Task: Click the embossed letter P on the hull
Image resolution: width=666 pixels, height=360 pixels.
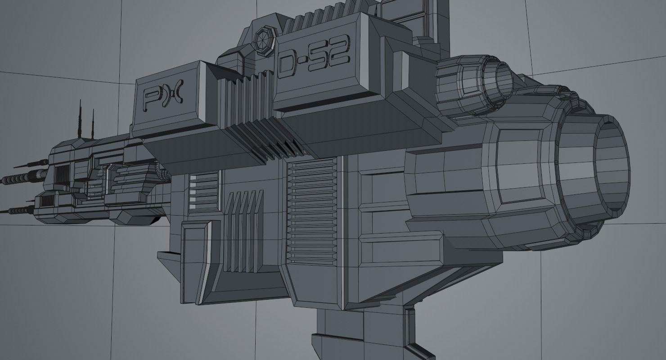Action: [x=150, y=99]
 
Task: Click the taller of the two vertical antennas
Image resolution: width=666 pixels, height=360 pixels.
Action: [x=81, y=118]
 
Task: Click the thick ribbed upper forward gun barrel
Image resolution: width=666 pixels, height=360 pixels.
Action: [x=27, y=177]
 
